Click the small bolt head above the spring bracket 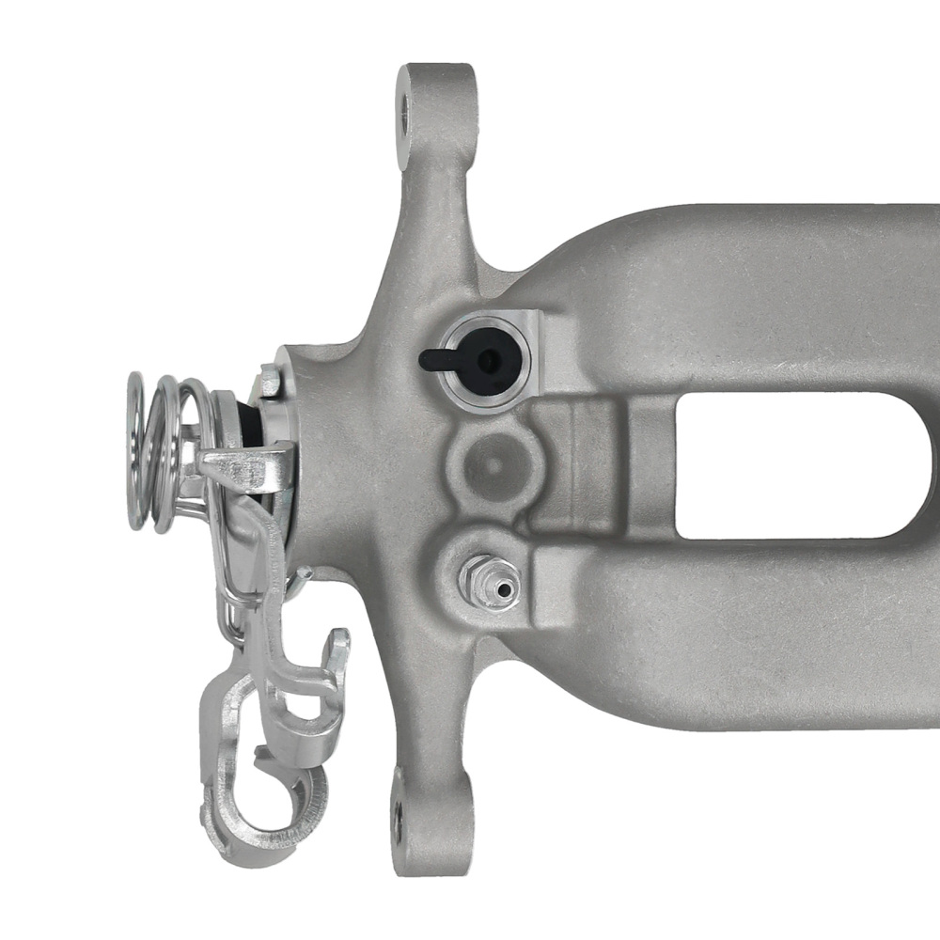click(269, 381)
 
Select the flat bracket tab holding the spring click(244, 468)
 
